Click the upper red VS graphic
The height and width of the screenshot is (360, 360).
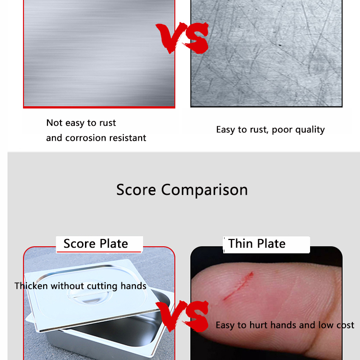pos(182,38)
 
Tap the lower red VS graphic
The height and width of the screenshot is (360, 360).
pos(182,316)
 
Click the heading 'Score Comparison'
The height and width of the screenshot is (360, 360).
pos(182,190)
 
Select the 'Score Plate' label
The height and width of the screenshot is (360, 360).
pos(96,243)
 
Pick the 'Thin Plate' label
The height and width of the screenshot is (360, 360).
pos(257,243)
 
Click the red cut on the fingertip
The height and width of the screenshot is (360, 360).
pos(239,286)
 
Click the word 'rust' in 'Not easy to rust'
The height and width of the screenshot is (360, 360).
pos(108,123)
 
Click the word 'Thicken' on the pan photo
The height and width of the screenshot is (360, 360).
pos(31,286)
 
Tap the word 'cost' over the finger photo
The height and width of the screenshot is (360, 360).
pos(345,325)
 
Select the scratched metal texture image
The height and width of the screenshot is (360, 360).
pos(266,53)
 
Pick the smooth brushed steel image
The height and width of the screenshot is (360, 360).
pos(99,53)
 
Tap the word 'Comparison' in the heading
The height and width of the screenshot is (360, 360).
pos(204,190)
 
